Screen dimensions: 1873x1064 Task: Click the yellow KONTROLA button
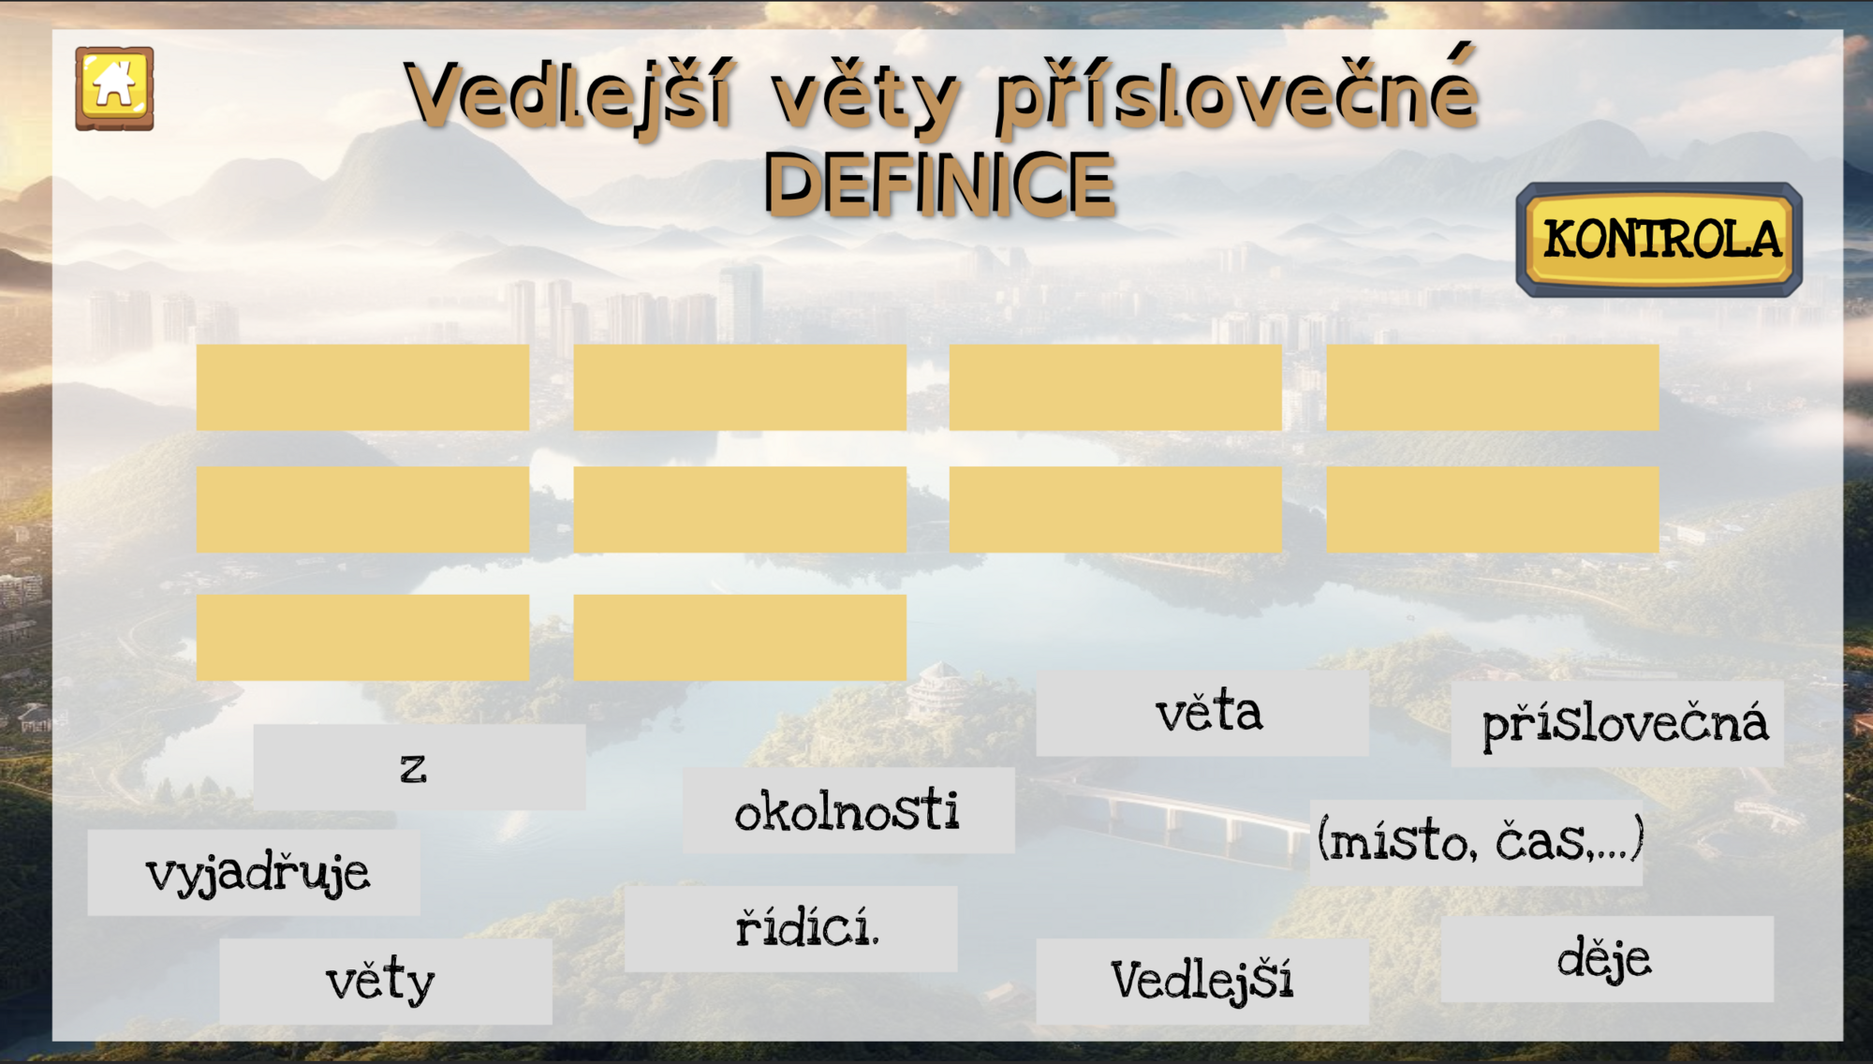click(1659, 240)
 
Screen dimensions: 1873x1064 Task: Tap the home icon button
click(114, 89)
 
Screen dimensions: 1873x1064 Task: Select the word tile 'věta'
click(1202, 713)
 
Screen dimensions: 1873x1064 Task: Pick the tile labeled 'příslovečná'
click(1617, 724)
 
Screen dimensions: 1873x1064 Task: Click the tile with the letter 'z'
click(420, 767)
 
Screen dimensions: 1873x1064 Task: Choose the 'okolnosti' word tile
click(848, 810)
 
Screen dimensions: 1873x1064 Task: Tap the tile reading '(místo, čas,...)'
click(1476, 842)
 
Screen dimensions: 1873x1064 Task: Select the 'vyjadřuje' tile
click(254, 872)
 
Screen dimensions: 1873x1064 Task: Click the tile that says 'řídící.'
click(791, 929)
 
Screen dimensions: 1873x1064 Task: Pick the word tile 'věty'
click(386, 982)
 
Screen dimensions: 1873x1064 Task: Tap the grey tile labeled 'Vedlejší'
click(1202, 982)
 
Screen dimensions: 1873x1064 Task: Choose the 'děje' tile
click(1607, 959)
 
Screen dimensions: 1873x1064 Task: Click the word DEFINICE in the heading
click(940, 185)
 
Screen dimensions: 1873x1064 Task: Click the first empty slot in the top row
click(363, 388)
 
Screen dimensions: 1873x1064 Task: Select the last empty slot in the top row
click(1493, 388)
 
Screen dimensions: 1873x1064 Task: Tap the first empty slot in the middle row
click(363, 510)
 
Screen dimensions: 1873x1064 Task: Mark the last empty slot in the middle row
click(1493, 510)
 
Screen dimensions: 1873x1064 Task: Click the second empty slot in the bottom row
click(740, 638)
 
